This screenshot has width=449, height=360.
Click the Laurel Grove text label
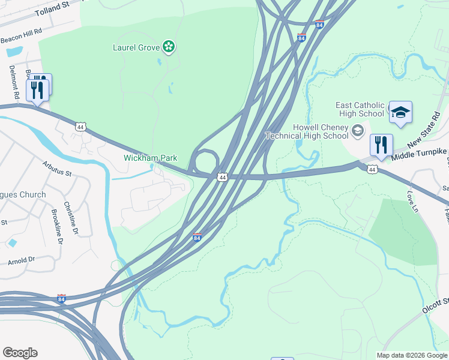point(136,47)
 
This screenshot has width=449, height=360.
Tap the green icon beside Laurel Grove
point(169,47)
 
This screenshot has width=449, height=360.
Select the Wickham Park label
point(151,158)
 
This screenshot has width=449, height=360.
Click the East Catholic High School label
point(360,109)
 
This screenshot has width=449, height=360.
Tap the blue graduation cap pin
point(400,112)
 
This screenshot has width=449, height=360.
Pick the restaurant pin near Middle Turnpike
point(381,145)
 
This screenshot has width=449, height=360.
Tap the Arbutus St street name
point(57,169)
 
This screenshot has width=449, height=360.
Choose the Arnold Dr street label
point(22,260)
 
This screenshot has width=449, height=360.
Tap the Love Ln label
point(412,202)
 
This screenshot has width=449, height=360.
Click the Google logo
point(20,353)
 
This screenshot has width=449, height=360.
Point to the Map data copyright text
point(412,355)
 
